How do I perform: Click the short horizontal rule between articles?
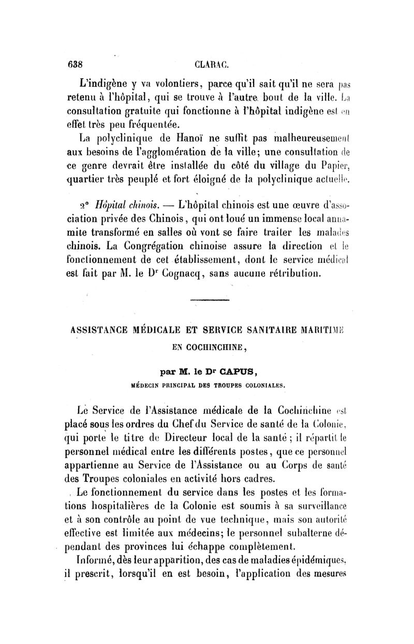[205, 301]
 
